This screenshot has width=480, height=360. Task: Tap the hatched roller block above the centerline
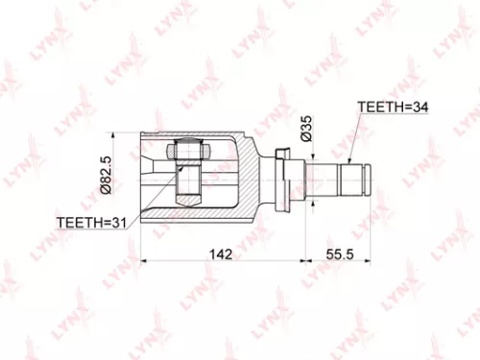[x=186, y=152]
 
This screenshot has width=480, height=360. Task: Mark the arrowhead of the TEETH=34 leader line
[x=352, y=160]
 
